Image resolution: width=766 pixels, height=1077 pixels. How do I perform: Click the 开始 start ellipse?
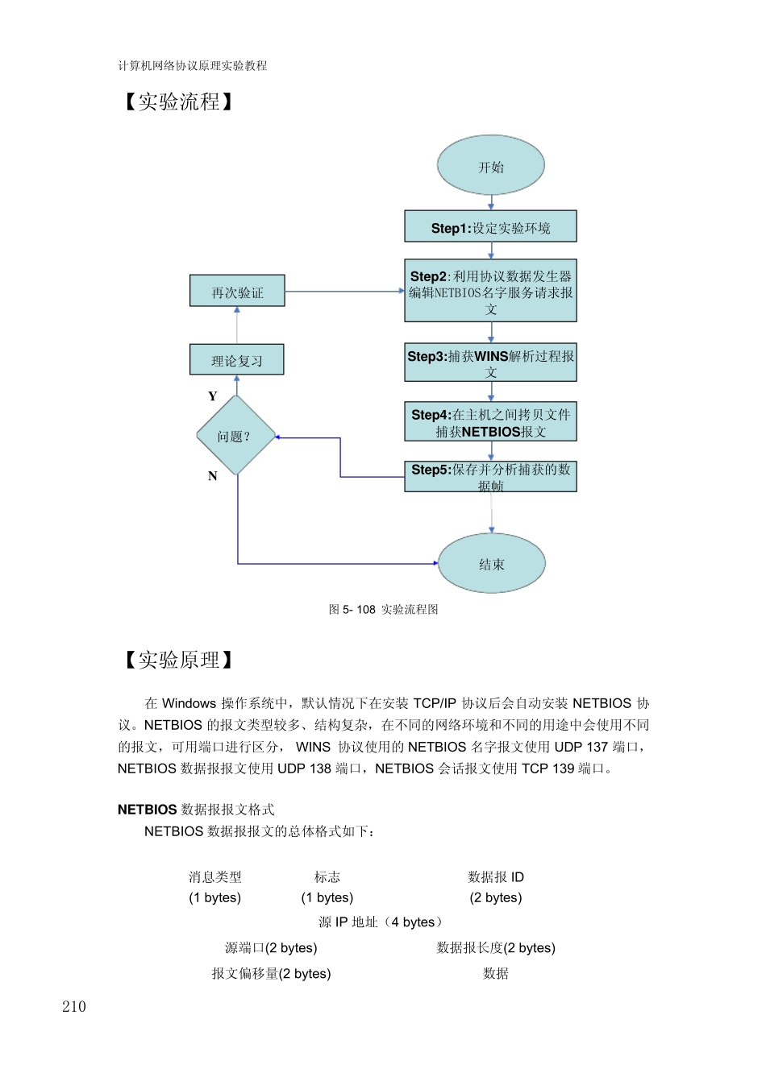coord(491,166)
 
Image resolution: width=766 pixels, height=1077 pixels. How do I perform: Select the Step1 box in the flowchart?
coord(490,227)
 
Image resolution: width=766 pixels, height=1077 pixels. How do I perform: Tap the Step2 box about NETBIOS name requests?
coord(490,291)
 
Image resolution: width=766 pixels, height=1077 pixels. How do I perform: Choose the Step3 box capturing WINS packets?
coord(490,362)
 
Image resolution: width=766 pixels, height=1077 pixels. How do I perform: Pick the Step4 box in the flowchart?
coord(490,422)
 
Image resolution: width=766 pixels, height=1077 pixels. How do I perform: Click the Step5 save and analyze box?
coord(490,477)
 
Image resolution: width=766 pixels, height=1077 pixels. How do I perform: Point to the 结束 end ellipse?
coord(491,564)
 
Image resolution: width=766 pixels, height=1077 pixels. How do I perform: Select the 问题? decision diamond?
coord(235,436)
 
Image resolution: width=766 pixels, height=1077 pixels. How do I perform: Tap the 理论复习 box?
coord(237,360)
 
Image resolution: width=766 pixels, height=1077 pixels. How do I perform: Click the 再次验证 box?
coord(237,292)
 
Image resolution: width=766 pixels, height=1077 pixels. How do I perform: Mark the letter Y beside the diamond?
coord(213,396)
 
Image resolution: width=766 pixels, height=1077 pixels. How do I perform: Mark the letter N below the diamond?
coord(213,476)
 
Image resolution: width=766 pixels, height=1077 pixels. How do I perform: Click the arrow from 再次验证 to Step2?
coord(345,292)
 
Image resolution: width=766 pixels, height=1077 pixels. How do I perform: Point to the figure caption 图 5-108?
coord(383,610)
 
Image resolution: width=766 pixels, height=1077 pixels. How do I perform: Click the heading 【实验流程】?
coord(178,101)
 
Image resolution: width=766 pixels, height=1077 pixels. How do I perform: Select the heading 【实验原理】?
coord(178,660)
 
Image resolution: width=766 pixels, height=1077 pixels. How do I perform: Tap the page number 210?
coord(74,1006)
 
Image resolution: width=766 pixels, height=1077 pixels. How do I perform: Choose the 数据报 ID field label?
coord(496,877)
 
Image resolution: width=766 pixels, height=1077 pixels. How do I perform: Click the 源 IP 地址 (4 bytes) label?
coord(380,922)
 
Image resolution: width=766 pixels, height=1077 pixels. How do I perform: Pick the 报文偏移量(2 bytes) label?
coord(271,974)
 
